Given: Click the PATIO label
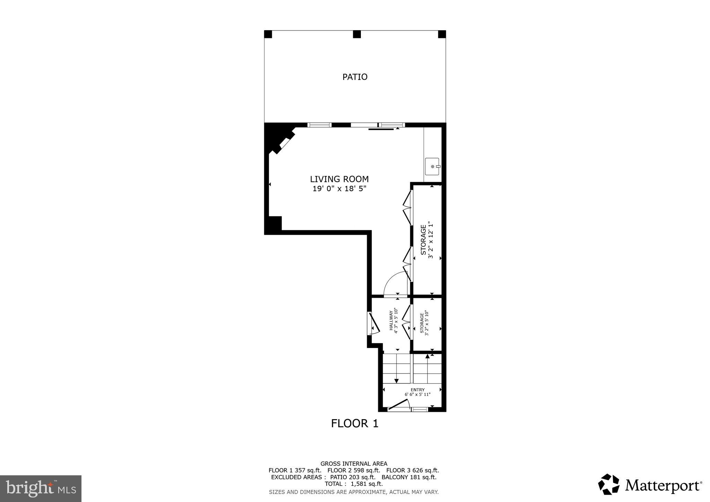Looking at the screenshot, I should (x=355, y=77).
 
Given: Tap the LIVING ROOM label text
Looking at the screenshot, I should (x=339, y=179).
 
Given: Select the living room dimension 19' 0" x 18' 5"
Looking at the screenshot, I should (x=339, y=189).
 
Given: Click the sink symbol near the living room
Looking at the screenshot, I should (x=432, y=166).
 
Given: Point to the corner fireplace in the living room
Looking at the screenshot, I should (x=281, y=142).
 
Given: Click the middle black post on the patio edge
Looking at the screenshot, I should (x=357, y=34).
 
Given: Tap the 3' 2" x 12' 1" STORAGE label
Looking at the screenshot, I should (x=427, y=240).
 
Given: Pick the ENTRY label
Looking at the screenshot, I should (x=417, y=390).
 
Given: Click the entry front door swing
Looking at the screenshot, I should (x=399, y=405).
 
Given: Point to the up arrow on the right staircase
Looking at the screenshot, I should (x=427, y=356).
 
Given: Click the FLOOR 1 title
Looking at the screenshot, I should (x=355, y=424).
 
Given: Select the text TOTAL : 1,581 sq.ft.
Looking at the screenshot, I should (x=354, y=484).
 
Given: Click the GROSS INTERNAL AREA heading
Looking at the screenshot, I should (x=354, y=464).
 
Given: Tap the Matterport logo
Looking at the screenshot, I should (x=650, y=484).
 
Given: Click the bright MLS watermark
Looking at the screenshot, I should (x=41, y=489).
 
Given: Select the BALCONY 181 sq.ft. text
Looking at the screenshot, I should (x=409, y=477).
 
